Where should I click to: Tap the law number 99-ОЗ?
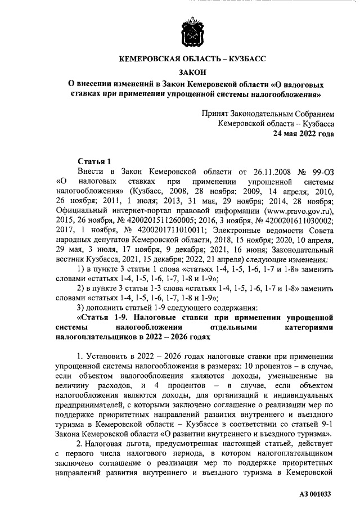click(322, 170)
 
